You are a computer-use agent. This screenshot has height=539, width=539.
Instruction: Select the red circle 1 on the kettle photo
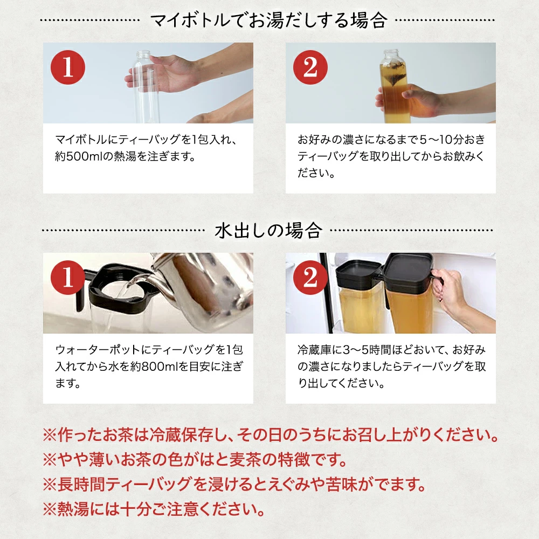point(68,278)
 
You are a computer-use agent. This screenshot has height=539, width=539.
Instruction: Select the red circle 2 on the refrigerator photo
point(311,278)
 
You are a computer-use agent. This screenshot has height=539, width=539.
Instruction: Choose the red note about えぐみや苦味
point(234,484)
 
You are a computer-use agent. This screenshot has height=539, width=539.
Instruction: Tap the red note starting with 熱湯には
point(153,508)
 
